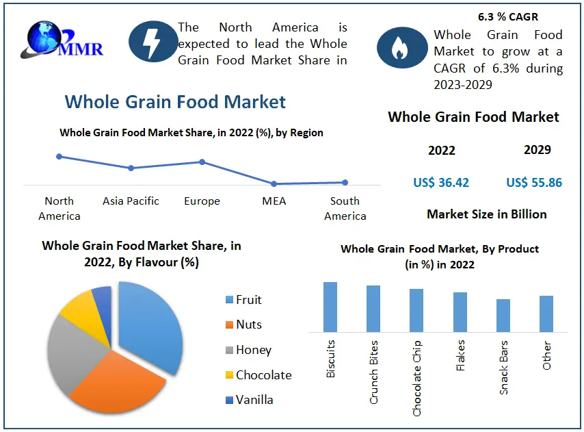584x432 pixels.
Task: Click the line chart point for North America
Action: pyautogui.click(x=59, y=156)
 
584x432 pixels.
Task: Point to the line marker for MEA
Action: pyautogui.click(x=274, y=183)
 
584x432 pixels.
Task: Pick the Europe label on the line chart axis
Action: pyautogui.click(x=202, y=201)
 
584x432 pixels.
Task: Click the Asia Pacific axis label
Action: pyautogui.click(x=131, y=201)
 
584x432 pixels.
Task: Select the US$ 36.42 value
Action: pyautogui.click(x=441, y=183)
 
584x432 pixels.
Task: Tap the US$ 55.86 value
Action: pyautogui.click(x=534, y=183)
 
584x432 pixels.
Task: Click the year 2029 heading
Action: pyautogui.click(x=537, y=150)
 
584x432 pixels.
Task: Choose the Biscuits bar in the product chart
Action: pyautogui.click(x=330, y=307)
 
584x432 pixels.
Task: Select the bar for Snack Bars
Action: pyautogui.click(x=503, y=315)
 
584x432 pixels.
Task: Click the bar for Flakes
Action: pyautogui.click(x=460, y=312)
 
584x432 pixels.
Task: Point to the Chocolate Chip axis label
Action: pyautogui.click(x=416, y=378)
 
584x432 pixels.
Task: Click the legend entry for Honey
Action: pyautogui.click(x=252, y=350)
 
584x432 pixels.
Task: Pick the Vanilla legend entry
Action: pyautogui.click(x=253, y=400)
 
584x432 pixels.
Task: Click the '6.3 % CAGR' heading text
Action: pyautogui.click(x=509, y=16)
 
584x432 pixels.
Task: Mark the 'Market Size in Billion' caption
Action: pyautogui.click(x=486, y=214)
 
